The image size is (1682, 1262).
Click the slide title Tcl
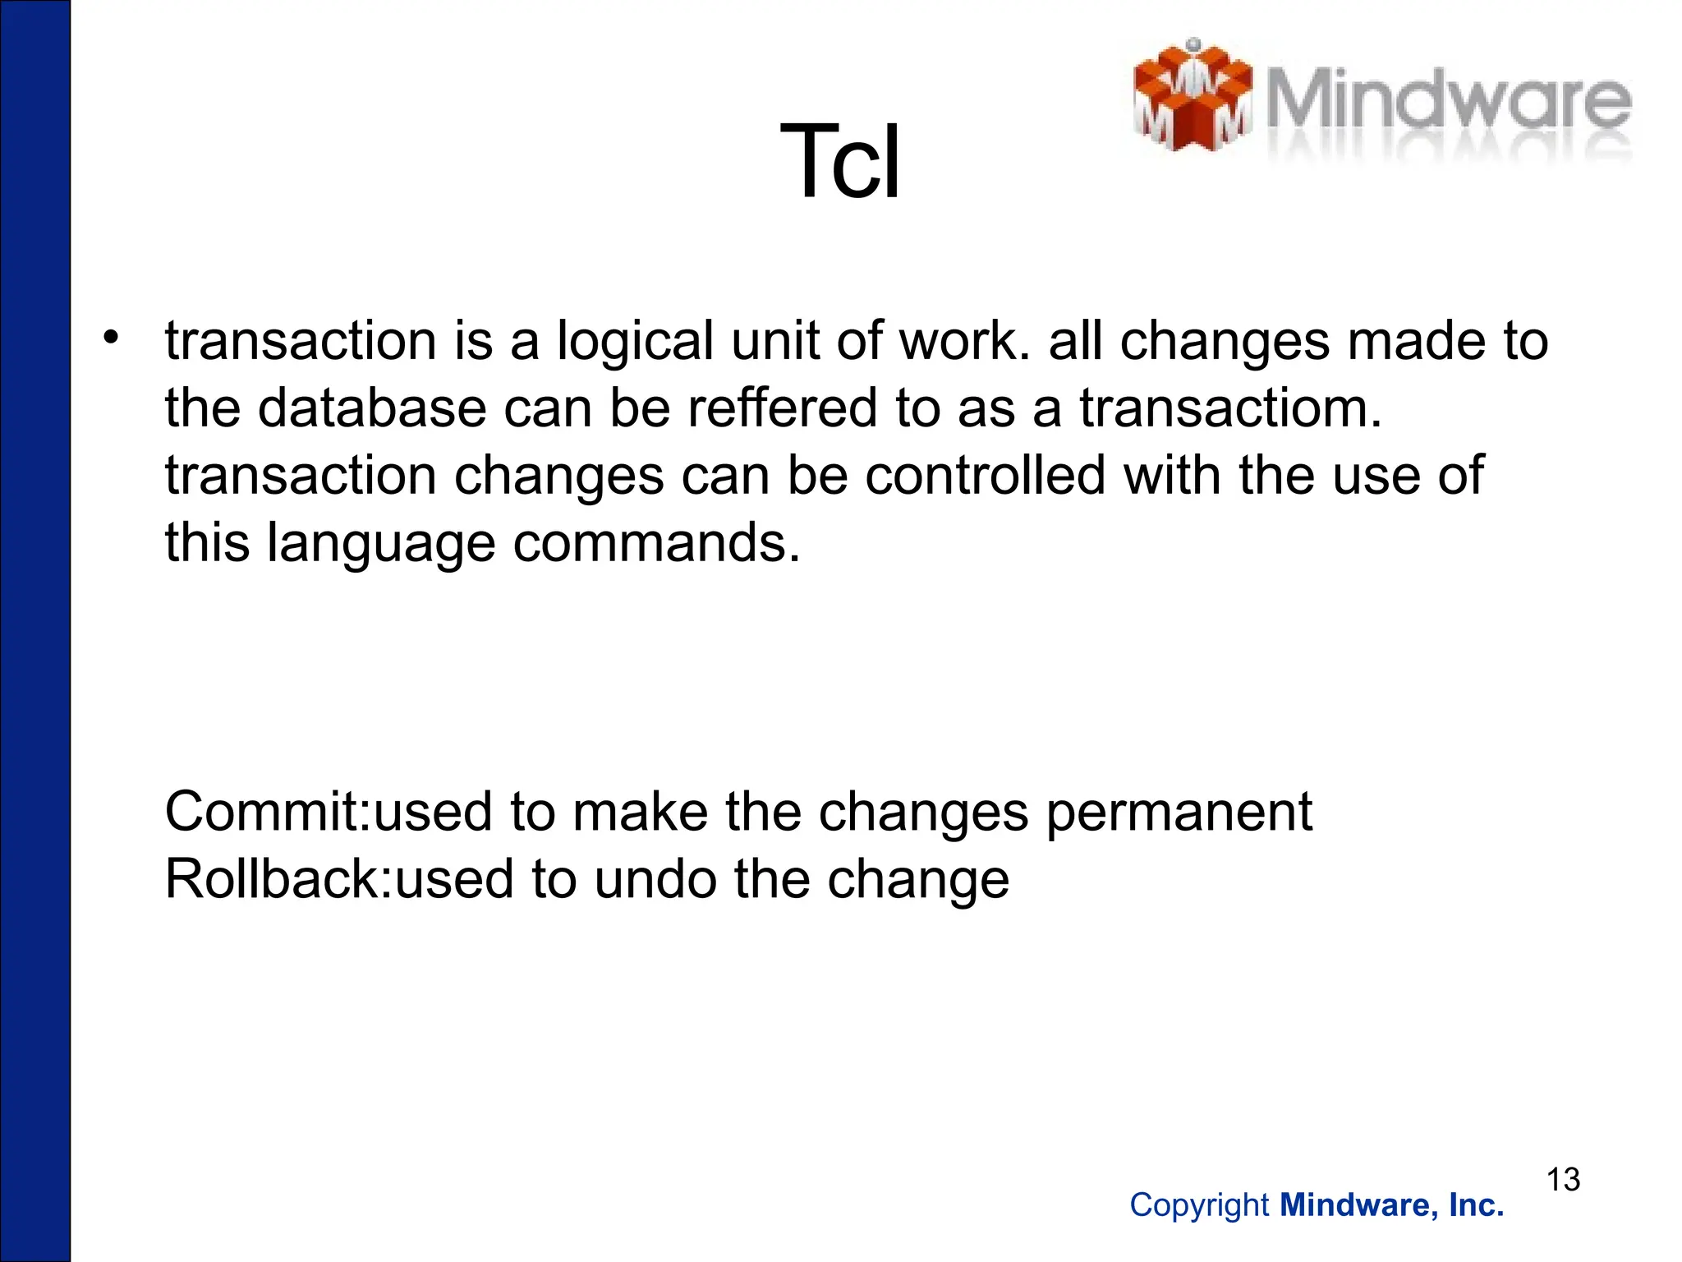[x=839, y=162]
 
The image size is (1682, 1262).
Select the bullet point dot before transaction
[x=111, y=338]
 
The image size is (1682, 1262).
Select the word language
[x=381, y=544]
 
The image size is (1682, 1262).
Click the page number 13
[x=1563, y=1180]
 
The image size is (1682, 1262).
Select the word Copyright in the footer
[x=1199, y=1205]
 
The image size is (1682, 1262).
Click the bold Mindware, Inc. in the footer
[x=1392, y=1205]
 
